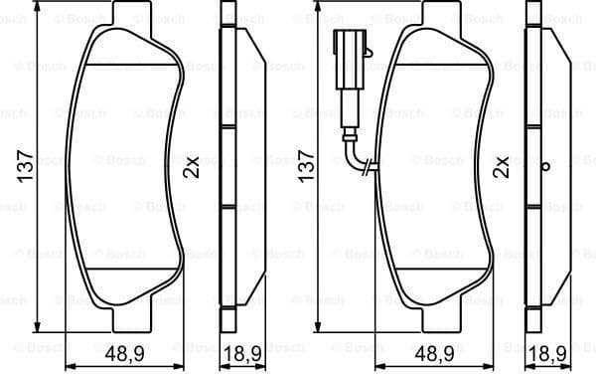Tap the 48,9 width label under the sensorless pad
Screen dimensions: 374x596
coord(124,353)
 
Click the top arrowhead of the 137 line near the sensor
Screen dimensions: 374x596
coord(319,8)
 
